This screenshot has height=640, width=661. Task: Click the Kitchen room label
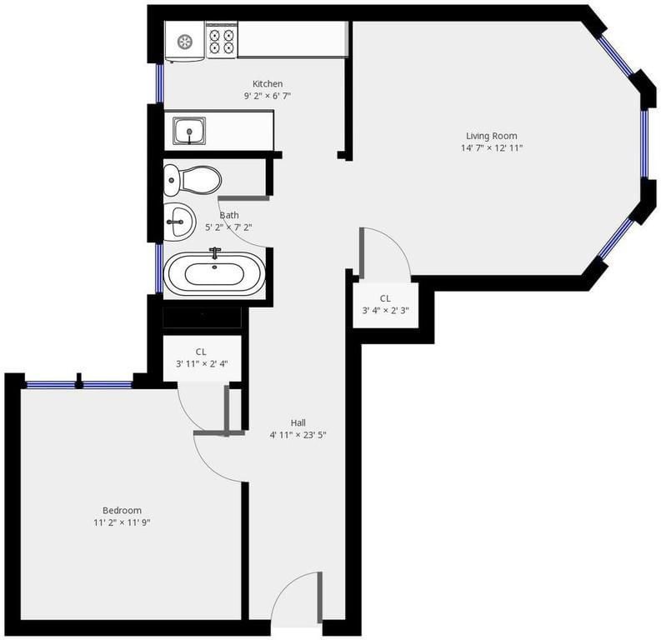[x=268, y=84]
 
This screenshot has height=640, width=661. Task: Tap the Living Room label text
[x=492, y=136]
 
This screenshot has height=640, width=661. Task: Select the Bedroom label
[x=122, y=511]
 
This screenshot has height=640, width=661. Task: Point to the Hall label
[x=298, y=422]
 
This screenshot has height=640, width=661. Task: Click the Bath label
[x=229, y=215]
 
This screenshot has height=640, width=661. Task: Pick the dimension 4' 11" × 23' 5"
[x=298, y=435]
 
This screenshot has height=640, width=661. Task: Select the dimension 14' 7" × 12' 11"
[x=492, y=147]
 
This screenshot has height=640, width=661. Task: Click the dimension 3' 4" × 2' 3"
[x=385, y=311]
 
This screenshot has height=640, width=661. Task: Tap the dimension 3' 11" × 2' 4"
[x=202, y=363]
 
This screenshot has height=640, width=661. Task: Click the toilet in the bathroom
[x=193, y=180]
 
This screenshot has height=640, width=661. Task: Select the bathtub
[x=214, y=274]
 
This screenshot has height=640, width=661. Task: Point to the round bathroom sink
[x=179, y=222]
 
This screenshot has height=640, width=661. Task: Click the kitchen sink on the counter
[x=189, y=131]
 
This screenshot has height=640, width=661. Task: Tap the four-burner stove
[x=222, y=40]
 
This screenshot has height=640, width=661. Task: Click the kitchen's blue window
[x=159, y=83]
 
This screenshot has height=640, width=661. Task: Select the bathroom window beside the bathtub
[x=159, y=268]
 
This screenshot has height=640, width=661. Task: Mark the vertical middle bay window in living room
[x=644, y=143]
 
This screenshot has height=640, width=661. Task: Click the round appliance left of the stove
[x=185, y=42]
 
